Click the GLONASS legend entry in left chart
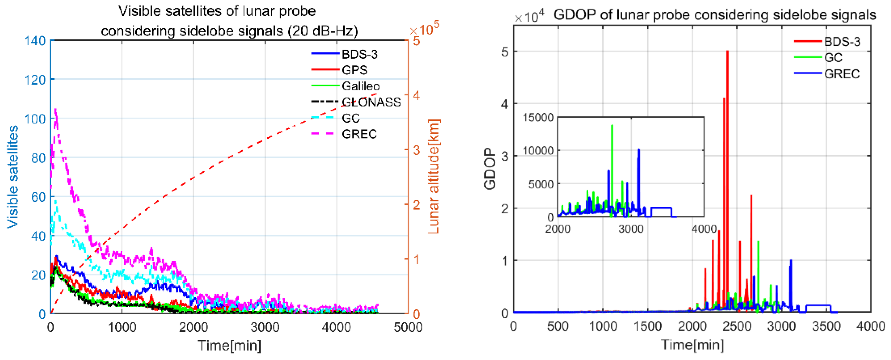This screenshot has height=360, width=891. (x=371, y=102)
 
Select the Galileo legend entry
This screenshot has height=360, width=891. (x=360, y=86)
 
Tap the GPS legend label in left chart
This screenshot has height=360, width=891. (x=354, y=70)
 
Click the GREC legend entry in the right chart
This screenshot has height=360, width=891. (x=842, y=74)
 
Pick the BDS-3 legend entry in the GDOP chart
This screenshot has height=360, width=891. (x=842, y=42)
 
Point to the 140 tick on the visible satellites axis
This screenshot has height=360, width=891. (x=35, y=41)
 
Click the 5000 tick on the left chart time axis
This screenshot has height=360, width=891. (x=408, y=327)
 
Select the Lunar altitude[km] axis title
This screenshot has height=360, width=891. (x=434, y=176)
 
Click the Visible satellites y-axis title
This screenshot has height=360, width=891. (x=13, y=176)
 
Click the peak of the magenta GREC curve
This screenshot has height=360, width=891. (x=55, y=109)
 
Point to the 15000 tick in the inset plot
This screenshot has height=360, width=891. (x=538, y=118)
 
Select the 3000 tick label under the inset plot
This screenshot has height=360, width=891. (x=631, y=229)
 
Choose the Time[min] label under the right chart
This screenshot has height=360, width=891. (x=692, y=345)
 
